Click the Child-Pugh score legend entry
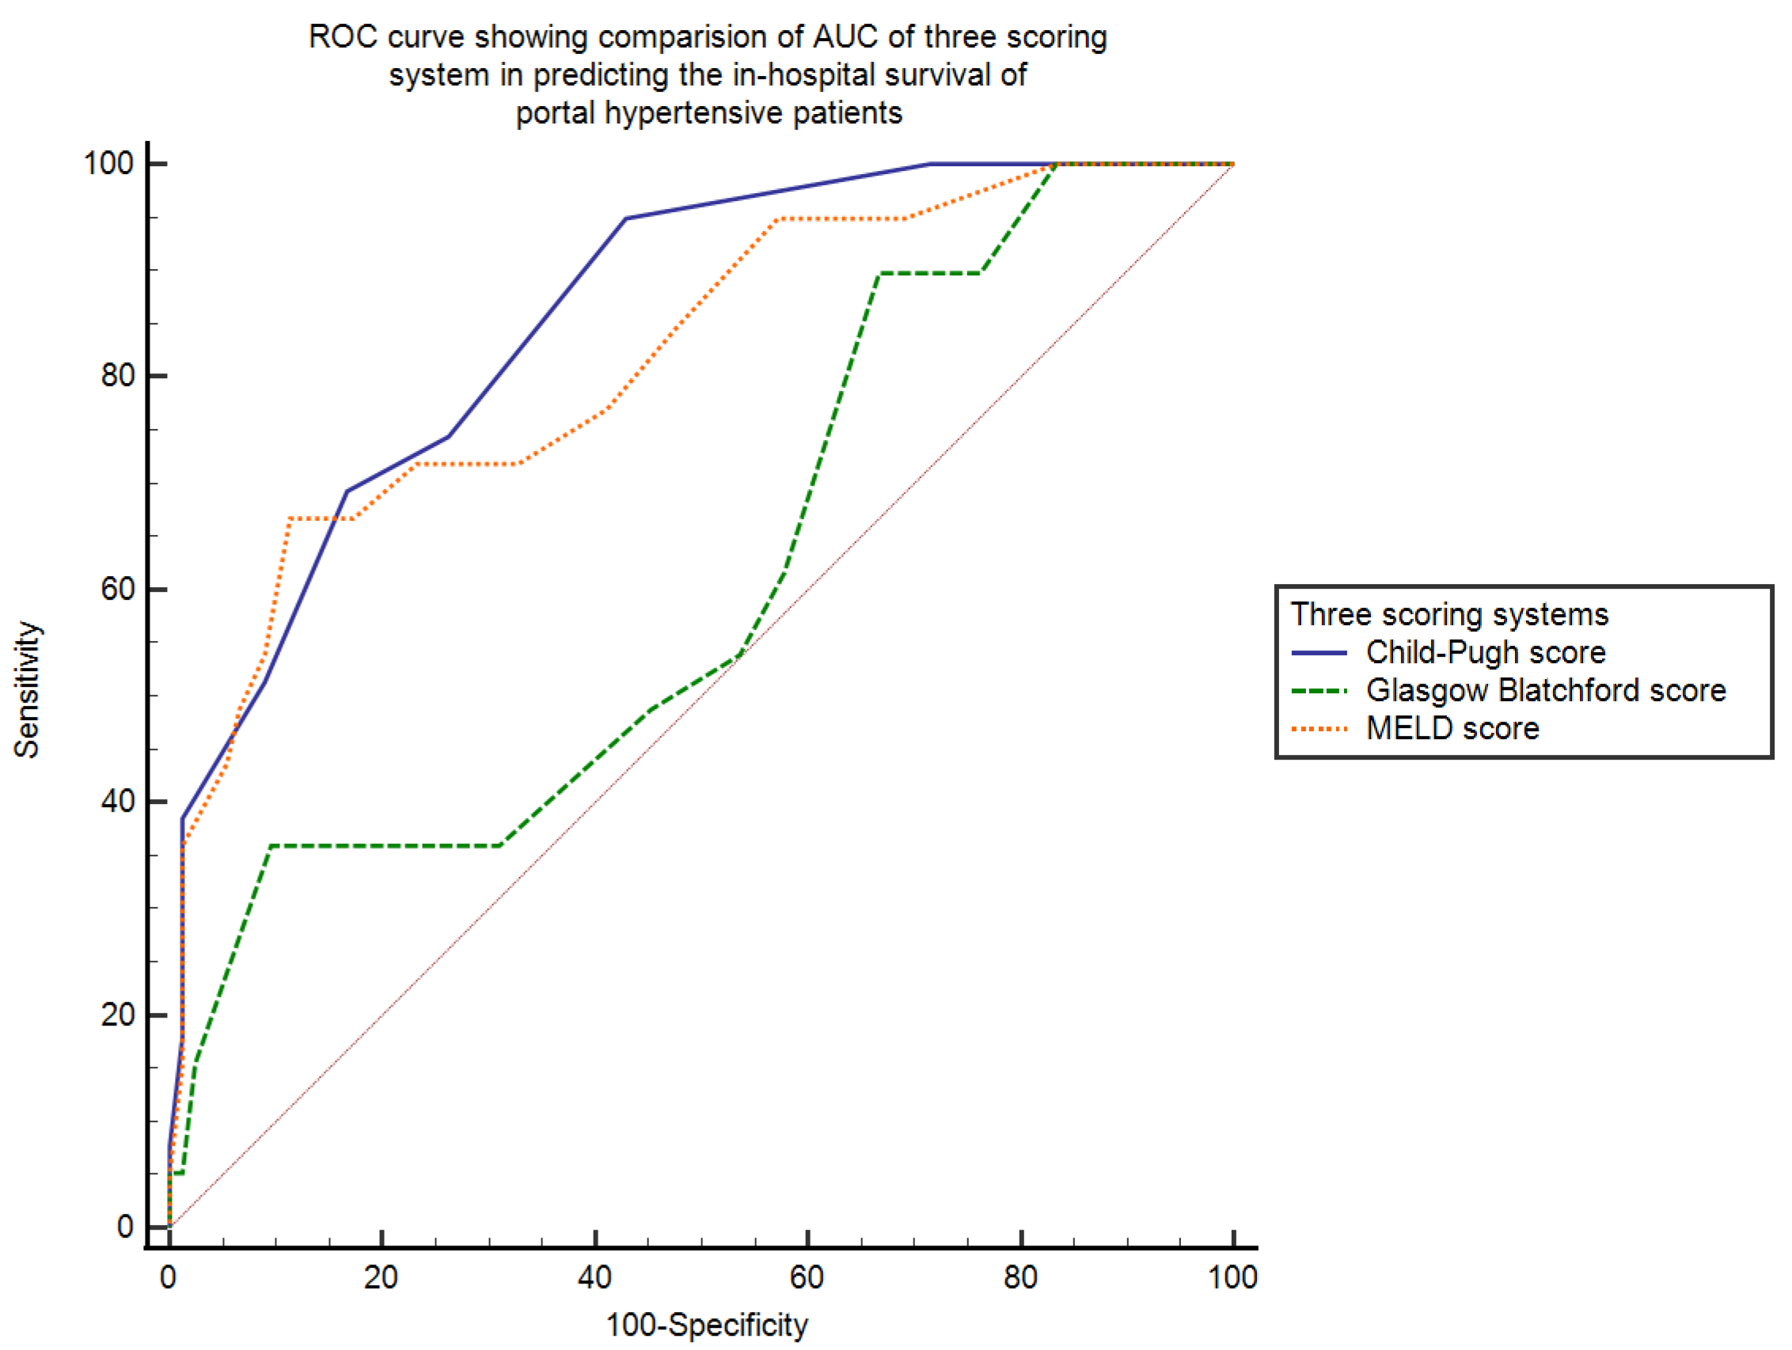(1485, 653)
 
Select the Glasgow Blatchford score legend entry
(1546, 691)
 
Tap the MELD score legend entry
(1452, 729)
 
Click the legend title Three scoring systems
(1449, 615)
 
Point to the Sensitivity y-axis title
(27, 689)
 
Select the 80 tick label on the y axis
(117, 376)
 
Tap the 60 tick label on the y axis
(117, 589)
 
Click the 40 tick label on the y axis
(117, 802)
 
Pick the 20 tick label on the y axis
(117, 1014)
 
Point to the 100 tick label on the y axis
(108, 164)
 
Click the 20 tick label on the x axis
(381, 1278)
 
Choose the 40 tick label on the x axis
(594, 1278)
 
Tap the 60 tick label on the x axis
(807, 1278)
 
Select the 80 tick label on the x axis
(1021, 1278)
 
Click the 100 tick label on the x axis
(1232, 1278)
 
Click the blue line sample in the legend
(1319, 653)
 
